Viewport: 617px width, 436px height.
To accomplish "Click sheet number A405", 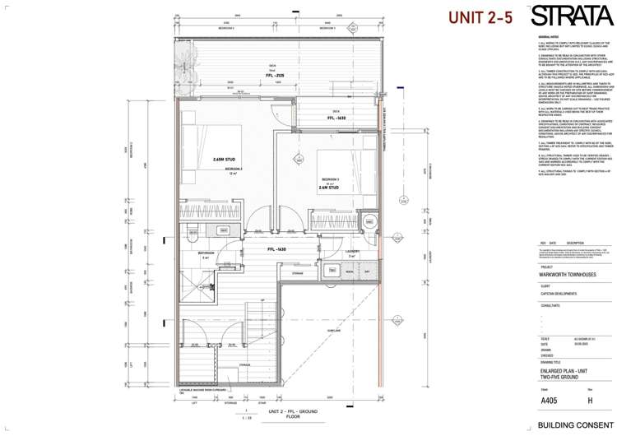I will coord(549,401).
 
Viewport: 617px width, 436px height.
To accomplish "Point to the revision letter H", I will coord(589,401).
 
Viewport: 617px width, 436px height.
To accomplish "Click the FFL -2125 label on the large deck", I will coord(263,75).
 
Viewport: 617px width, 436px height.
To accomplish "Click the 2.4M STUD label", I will coord(328,188).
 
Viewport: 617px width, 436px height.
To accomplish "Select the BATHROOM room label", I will coord(206,253).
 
